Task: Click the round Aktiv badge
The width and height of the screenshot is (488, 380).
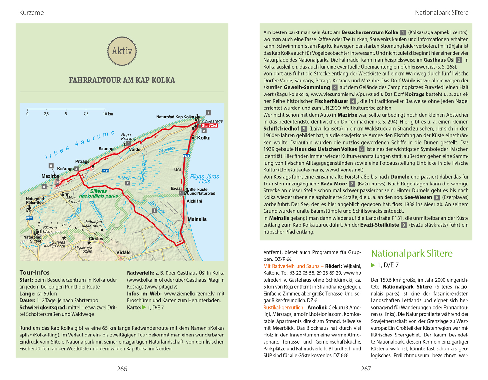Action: tap(122, 51)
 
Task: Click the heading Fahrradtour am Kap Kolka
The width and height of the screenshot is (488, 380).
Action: tap(122, 80)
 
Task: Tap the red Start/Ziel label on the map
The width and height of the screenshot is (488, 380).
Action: tap(210, 126)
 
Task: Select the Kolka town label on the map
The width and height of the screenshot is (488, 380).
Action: tap(204, 138)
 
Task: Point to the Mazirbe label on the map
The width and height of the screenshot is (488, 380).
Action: tap(50, 176)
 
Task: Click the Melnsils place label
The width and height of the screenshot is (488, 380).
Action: tap(197, 219)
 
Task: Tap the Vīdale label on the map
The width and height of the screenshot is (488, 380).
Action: tap(124, 252)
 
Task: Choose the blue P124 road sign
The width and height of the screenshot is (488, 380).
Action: tap(105, 171)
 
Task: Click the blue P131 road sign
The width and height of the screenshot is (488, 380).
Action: tap(186, 156)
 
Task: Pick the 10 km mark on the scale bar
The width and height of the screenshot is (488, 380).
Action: tap(108, 114)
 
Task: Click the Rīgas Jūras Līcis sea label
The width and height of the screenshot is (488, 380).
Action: tap(205, 179)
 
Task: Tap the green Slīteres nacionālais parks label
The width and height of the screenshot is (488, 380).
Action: tap(99, 194)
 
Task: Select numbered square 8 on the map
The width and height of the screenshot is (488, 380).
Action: tap(155, 211)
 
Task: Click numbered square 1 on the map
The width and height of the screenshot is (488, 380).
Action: tap(209, 113)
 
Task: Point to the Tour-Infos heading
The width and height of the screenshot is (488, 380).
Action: tap(34, 272)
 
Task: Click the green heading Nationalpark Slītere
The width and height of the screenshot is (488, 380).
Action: tap(412, 253)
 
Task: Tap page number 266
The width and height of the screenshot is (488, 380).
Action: tap(122, 369)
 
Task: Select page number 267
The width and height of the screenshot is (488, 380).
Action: tap(366, 369)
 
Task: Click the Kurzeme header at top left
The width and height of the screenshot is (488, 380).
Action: tap(32, 13)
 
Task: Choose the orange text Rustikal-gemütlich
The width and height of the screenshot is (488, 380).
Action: tap(283, 308)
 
